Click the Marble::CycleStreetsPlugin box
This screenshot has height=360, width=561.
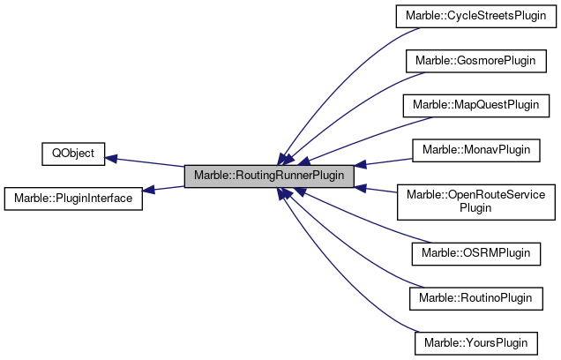click(471, 17)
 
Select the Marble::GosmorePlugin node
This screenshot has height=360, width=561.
click(471, 61)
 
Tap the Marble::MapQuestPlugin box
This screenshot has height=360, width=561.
click(471, 105)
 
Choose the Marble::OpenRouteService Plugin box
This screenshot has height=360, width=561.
click(475, 201)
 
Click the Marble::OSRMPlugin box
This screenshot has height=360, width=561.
click(476, 253)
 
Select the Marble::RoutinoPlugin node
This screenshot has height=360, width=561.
click(474, 297)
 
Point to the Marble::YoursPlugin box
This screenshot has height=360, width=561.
click(476, 341)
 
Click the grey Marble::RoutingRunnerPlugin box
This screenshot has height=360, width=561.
click(269, 176)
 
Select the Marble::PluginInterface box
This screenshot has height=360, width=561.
click(74, 198)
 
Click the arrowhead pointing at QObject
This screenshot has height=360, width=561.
click(112, 159)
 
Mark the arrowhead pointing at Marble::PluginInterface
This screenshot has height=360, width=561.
click(149, 191)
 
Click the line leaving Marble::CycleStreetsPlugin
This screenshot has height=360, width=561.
click(344, 71)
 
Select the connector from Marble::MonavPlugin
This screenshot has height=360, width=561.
click(388, 160)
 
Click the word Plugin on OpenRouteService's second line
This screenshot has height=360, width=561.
click(476, 208)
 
